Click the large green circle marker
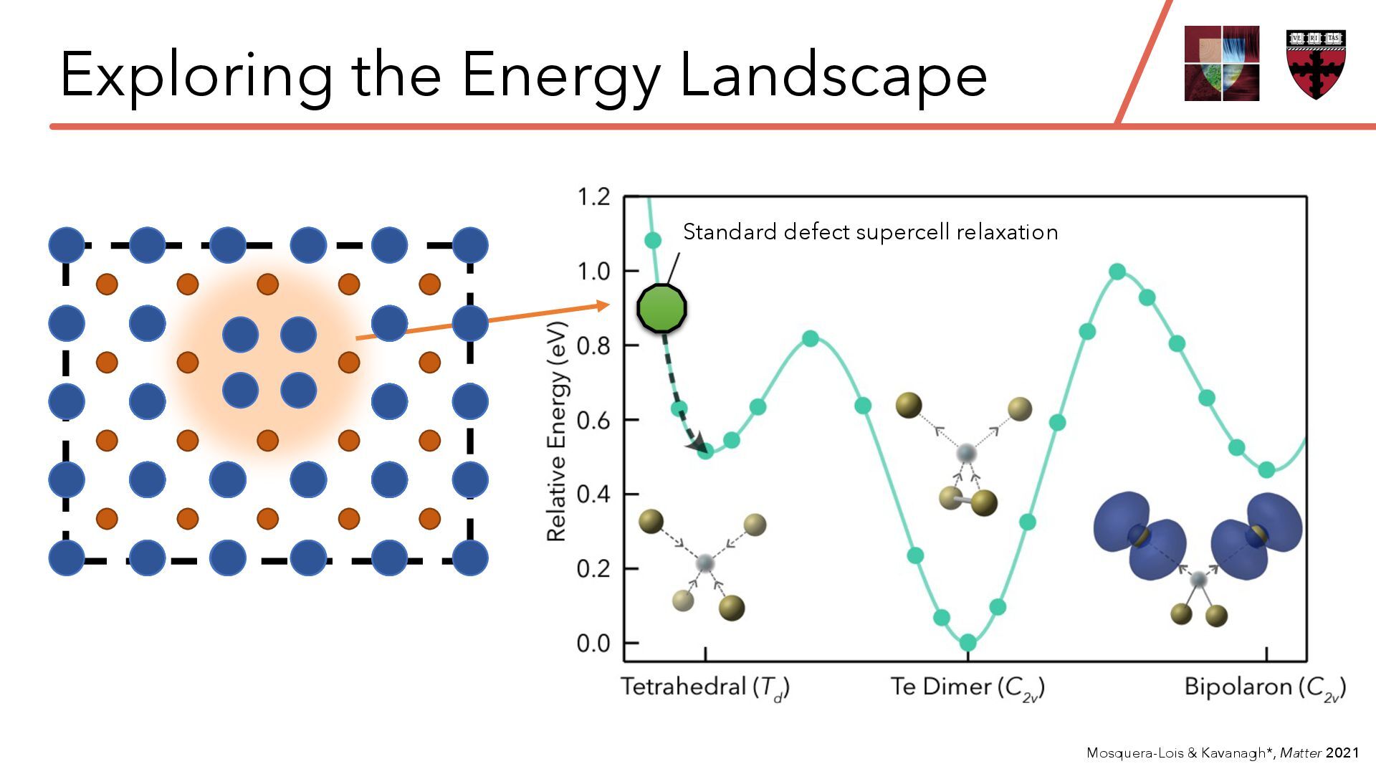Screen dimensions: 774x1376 pyautogui.click(x=661, y=308)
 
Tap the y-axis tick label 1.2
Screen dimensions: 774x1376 pyautogui.click(x=593, y=196)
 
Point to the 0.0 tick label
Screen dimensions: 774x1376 pyautogui.click(x=593, y=643)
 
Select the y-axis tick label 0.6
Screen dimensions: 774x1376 pyautogui.click(x=593, y=420)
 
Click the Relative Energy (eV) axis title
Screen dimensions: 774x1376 pyautogui.click(x=557, y=431)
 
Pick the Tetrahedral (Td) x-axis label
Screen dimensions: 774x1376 pyautogui.click(x=705, y=688)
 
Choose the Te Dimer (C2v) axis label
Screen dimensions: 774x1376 pyautogui.click(x=967, y=688)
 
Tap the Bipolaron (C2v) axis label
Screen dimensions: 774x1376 pyautogui.click(x=1265, y=688)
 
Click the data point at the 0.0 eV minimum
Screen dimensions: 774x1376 pyautogui.click(x=967, y=642)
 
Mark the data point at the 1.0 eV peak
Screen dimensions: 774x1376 pyautogui.click(x=1117, y=272)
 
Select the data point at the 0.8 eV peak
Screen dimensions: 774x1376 pyautogui.click(x=811, y=339)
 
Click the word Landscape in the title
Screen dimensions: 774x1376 pyautogui.click(x=833, y=75)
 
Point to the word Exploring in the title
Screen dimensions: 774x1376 pyautogui.click(x=196, y=75)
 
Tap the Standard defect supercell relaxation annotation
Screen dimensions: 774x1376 pyautogui.click(x=870, y=232)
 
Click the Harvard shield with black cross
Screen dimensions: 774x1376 pyautogui.click(x=1316, y=64)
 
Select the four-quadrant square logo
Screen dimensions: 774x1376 pyautogui.click(x=1222, y=63)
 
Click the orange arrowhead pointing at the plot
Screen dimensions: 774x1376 pyautogui.click(x=601, y=306)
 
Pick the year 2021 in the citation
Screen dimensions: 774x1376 pyautogui.click(x=1342, y=752)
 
